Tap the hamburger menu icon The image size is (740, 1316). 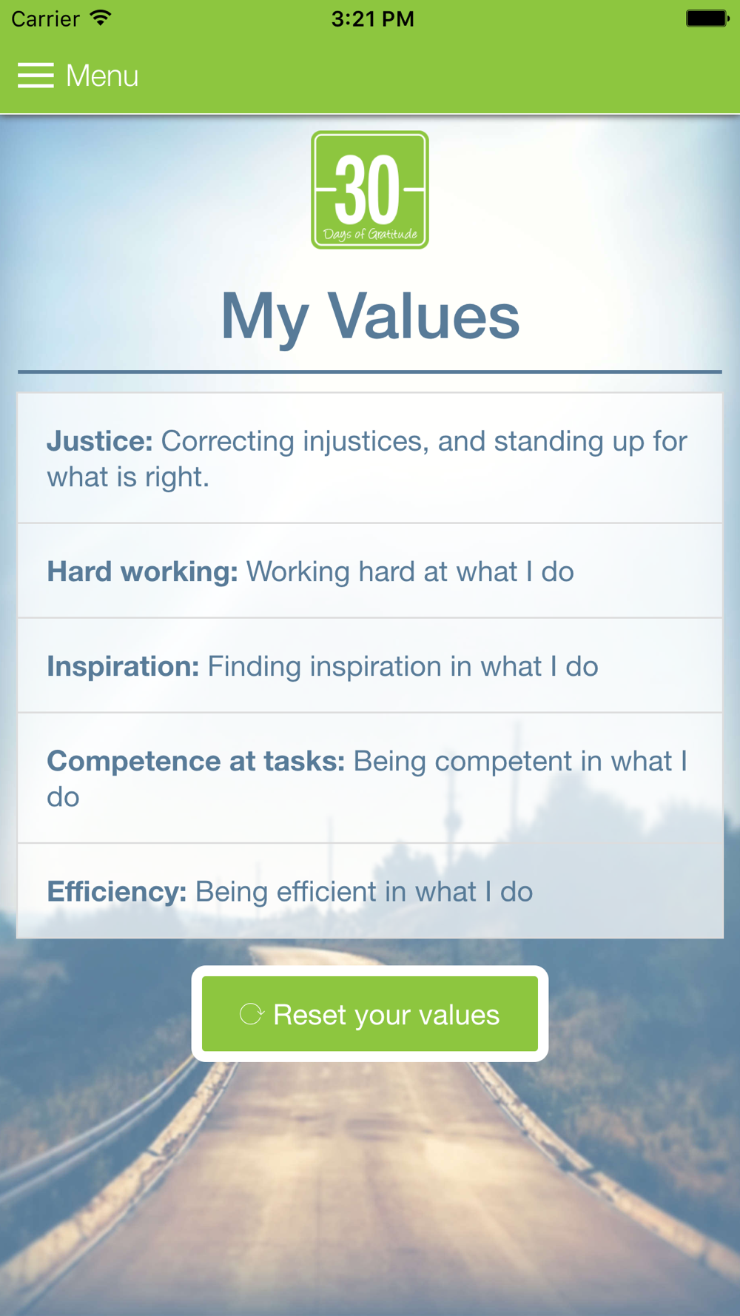coord(36,75)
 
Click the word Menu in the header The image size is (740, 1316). coord(102,75)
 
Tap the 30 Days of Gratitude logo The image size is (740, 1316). coord(370,190)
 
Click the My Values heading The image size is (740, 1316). coord(370,316)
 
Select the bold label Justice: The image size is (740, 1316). coord(100,441)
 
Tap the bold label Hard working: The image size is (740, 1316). coord(143,572)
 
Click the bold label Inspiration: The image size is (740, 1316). coord(124,667)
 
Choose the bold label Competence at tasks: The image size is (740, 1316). coord(196,761)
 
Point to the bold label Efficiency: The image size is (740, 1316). coord(117,892)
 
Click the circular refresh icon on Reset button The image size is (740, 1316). coord(252,1014)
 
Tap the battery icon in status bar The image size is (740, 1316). coord(707,19)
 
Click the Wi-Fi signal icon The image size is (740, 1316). coord(100,18)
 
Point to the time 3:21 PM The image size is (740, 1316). coord(372,19)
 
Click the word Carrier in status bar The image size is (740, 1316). coord(45,19)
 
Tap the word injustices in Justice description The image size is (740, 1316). coord(366,441)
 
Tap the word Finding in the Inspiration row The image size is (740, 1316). coord(255,667)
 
